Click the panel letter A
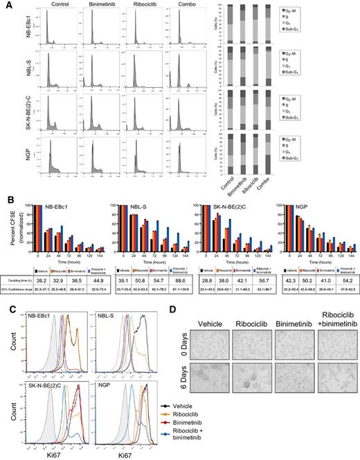point(6,6)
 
